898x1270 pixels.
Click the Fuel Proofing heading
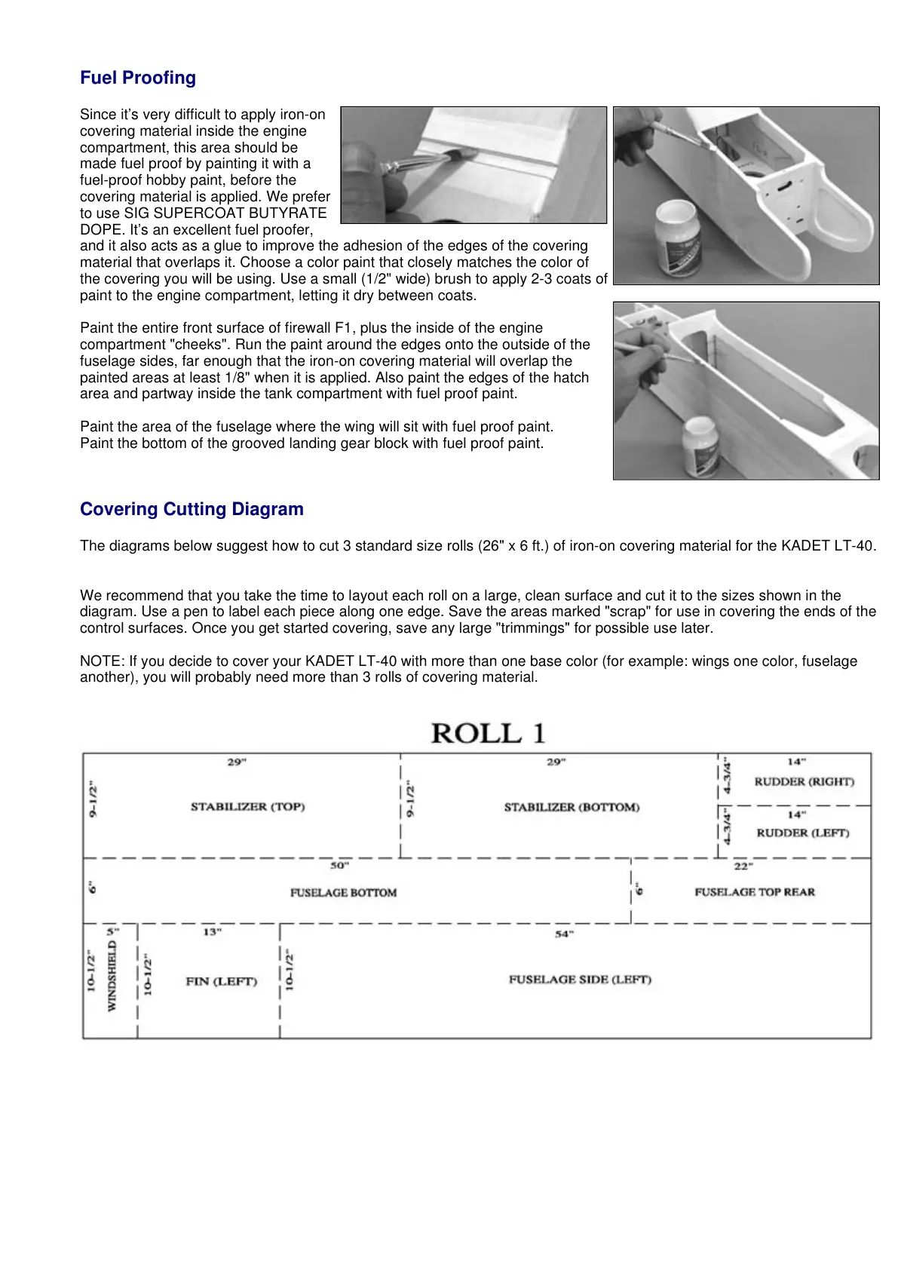138,78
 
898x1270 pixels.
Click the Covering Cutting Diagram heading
192,509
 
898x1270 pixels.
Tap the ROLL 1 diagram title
488,733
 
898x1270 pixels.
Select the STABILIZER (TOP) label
247,807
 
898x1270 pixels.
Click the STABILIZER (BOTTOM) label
572,808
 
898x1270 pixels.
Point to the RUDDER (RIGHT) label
805,782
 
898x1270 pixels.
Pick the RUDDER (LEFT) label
803,833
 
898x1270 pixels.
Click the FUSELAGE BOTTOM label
343,893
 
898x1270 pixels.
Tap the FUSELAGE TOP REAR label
755,892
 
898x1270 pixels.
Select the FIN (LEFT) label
222,982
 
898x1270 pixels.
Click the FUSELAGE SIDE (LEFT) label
580,980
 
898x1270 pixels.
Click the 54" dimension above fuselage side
564,934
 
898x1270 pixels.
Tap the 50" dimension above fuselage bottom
338,866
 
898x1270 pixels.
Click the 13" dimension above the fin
212,932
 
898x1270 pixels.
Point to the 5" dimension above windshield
110,931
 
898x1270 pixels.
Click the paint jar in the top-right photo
679,240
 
